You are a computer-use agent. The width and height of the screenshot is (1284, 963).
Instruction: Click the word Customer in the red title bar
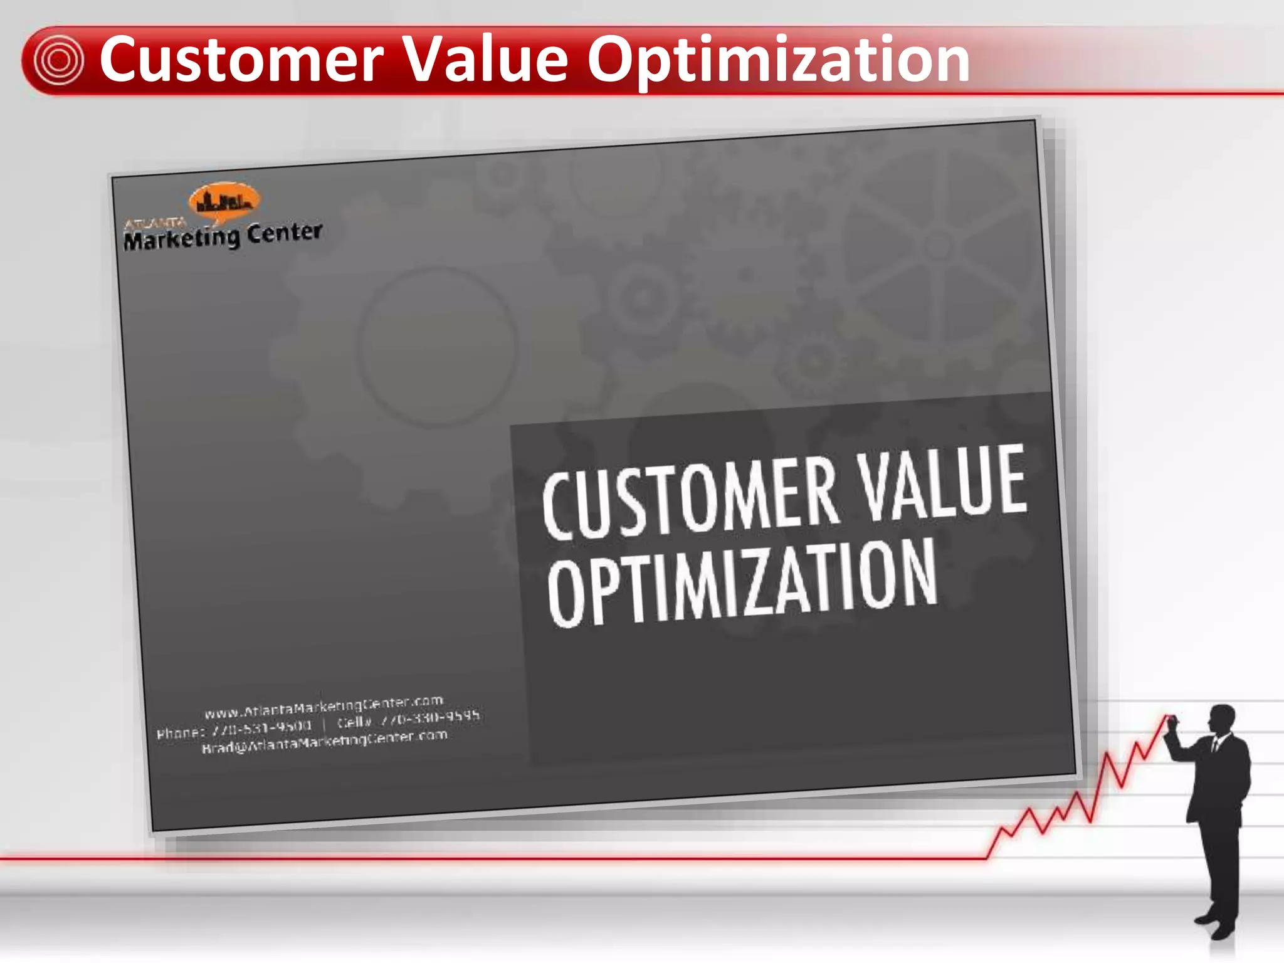241,60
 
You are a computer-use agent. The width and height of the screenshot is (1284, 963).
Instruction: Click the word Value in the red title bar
484,60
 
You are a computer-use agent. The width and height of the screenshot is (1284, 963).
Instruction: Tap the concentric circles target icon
58,61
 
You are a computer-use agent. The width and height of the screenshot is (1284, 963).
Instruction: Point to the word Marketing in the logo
182,239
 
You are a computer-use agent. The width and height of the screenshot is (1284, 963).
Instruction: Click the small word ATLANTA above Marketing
155,224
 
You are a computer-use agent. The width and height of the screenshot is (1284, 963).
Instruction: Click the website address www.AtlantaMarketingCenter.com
324,707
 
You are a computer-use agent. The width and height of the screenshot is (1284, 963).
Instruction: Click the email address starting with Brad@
324,742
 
